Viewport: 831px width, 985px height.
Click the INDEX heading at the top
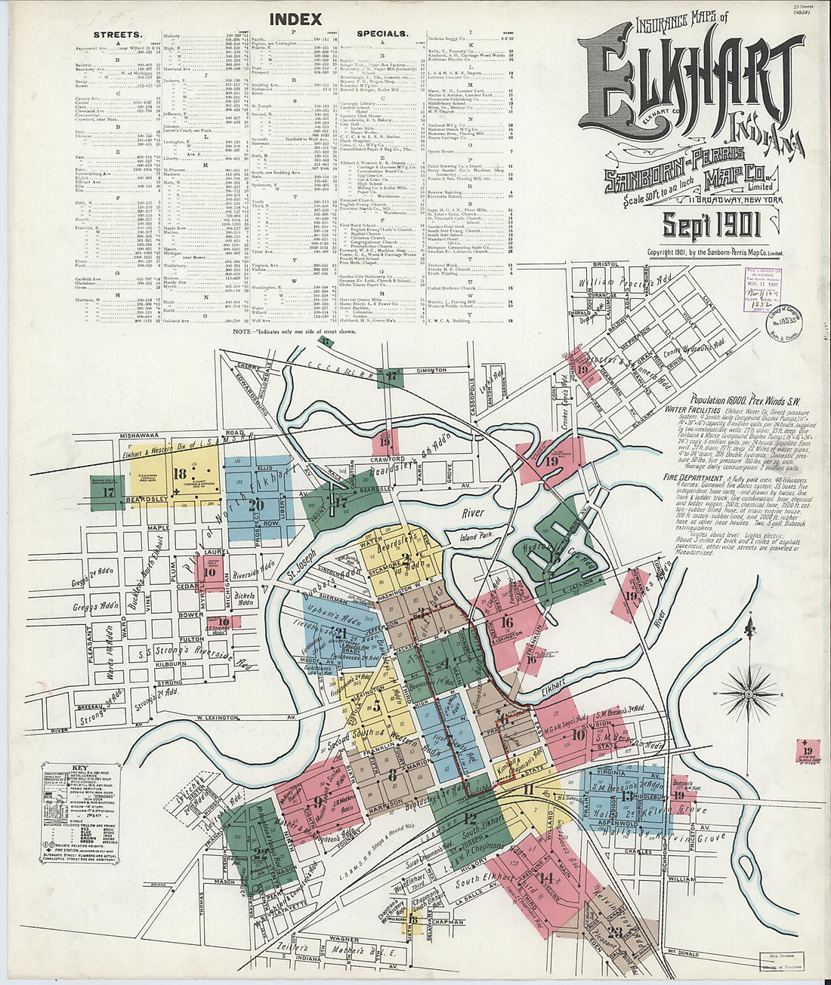click(x=295, y=19)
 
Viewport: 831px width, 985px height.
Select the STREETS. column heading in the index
click(x=117, y=35)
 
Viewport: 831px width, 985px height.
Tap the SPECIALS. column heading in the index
click(x=382, y=34)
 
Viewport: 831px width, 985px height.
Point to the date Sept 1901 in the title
click(x=711, y=224)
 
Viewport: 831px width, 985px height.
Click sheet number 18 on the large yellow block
click(x=180, y=474)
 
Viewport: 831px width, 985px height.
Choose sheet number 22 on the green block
click(x=261, y=854)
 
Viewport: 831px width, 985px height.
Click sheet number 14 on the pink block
click(x=546, y=877)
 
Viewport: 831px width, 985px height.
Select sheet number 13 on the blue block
click(x=626, y=796)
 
